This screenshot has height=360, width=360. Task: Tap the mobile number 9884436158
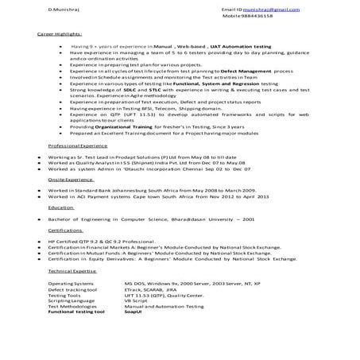pos(266,16)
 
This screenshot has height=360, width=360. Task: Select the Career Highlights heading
pos(60,35)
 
